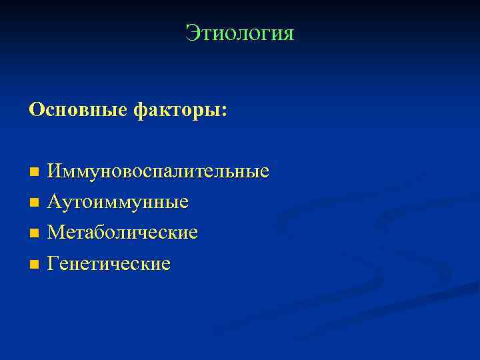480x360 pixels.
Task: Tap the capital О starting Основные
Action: click(35, 110)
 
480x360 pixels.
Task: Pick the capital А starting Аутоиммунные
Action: click(55, 201)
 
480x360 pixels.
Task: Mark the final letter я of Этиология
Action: click(287, 33)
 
